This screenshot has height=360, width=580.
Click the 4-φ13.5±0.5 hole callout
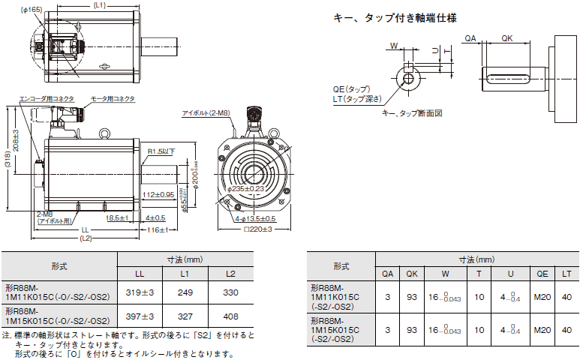(x=254, y=218)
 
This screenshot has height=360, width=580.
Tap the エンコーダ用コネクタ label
(x=46, y=98)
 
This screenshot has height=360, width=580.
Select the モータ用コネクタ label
(x=113, y=98)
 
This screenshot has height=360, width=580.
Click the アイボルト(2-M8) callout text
(x=209, y=112)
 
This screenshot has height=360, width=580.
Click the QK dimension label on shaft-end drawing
(x=508, y=37)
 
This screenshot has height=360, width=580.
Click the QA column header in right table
(x=387, y=274)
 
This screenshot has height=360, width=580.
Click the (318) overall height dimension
(x=7, y=160)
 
